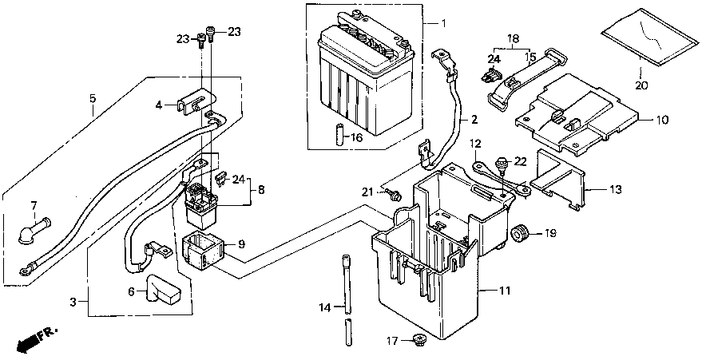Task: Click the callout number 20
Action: (641, 85)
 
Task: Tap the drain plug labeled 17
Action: (419, 338)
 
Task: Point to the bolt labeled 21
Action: (395, 194)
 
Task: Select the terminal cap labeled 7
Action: (34, 230)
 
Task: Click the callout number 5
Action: (93, 98)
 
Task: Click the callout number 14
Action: (325, 308)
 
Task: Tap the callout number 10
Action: (662, 121)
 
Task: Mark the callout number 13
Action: (615, 189)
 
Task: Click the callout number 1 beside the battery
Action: (443, 22)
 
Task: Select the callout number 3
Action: (73, 302)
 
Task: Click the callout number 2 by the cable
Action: (474, 120)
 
